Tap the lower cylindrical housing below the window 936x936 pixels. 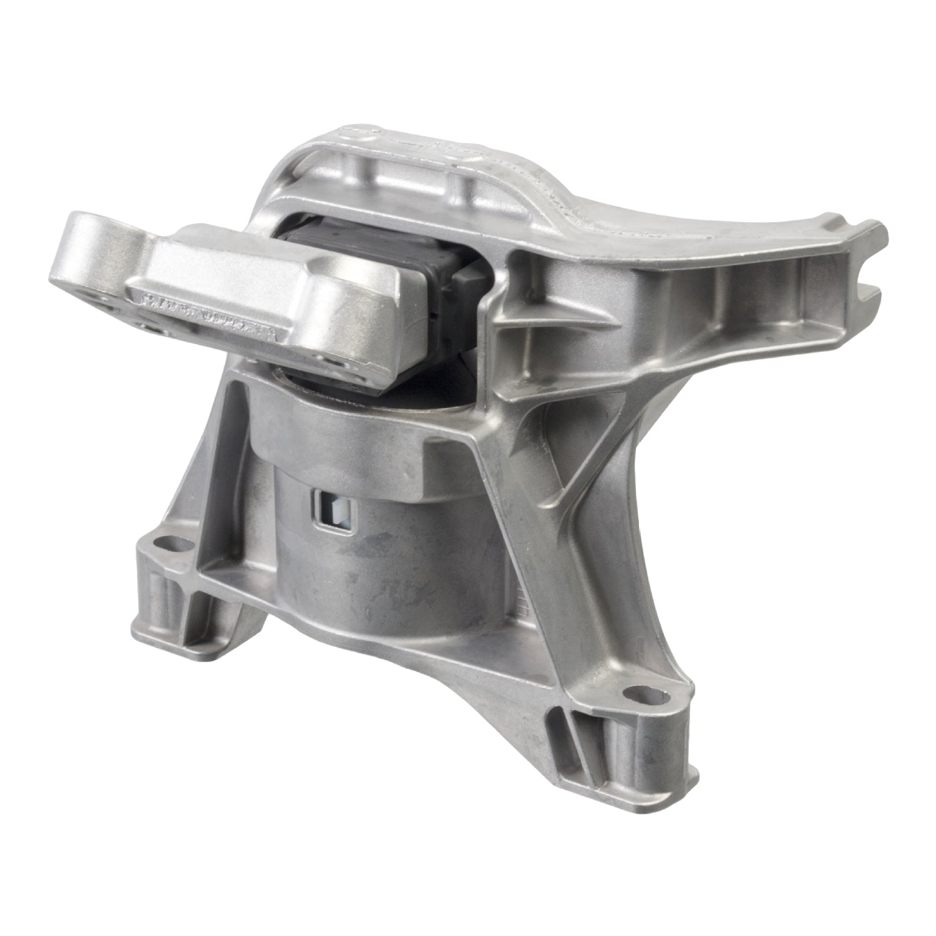(x=399, y=574)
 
